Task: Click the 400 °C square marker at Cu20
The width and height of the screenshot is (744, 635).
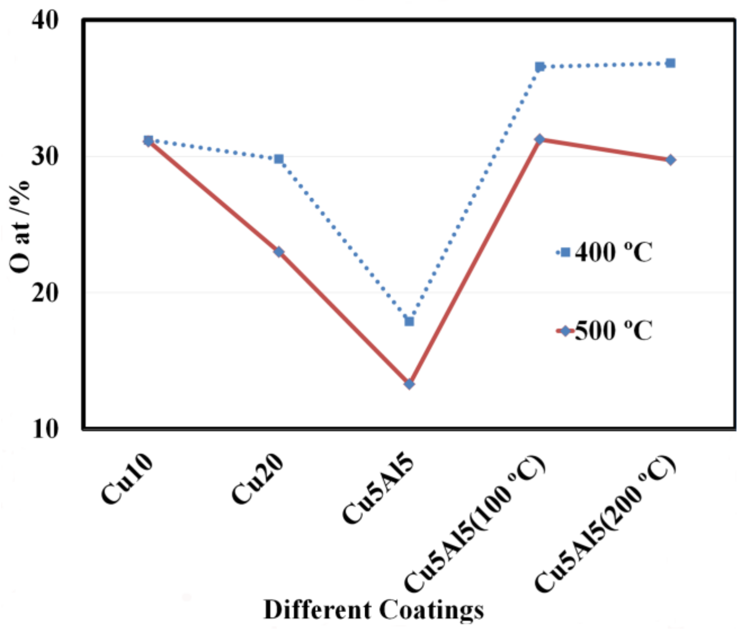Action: (279, 159)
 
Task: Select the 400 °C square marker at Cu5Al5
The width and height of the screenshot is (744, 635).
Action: (409, 321)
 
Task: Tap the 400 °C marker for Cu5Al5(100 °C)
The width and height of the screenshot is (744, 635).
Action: (539, 67)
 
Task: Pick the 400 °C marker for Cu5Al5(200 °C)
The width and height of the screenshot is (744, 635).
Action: (670, 63)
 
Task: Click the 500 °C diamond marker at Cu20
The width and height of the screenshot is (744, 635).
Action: (279, 252)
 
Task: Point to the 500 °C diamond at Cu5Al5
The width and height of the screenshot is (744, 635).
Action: (409, 384)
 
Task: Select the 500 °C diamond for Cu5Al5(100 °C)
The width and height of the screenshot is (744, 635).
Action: (539, 140)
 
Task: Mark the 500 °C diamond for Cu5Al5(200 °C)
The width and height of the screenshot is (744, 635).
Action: (670, 160)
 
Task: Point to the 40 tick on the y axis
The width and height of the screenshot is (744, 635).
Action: (45, 20)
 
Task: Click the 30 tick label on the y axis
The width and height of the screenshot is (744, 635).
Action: (45, 157)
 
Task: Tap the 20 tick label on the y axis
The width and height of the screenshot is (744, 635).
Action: (45, 293)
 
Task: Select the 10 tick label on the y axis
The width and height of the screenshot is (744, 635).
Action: (45, 428)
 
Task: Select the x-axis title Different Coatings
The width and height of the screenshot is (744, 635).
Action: (373, 610)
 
